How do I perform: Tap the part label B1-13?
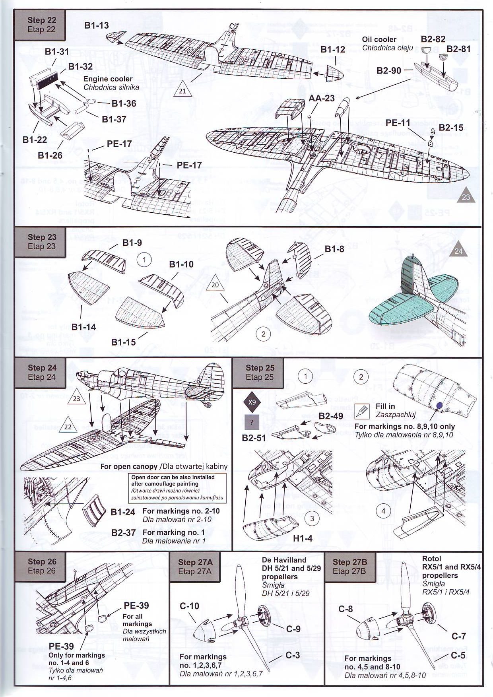tap(96, 25)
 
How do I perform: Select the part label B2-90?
tap(389, 71)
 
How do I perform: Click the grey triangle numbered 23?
tap(466, 197)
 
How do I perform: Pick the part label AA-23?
tap(322, 98)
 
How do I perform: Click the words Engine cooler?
tap(108, 79)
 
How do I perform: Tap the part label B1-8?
tap(334, 249)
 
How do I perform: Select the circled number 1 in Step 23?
tap(144, 260)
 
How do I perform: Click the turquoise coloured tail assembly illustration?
tap(410, 298)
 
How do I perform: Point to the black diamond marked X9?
tap(252, 402)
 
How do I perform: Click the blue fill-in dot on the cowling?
tap(440, 405)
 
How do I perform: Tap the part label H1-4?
tap(303, 538)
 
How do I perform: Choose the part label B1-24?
tap(123, 512)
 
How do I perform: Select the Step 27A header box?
tap(195, 567)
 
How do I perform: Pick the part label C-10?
tap(189, 606)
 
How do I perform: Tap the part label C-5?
tap(458, 655)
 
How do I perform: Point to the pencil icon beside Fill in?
tap(361, 411)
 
